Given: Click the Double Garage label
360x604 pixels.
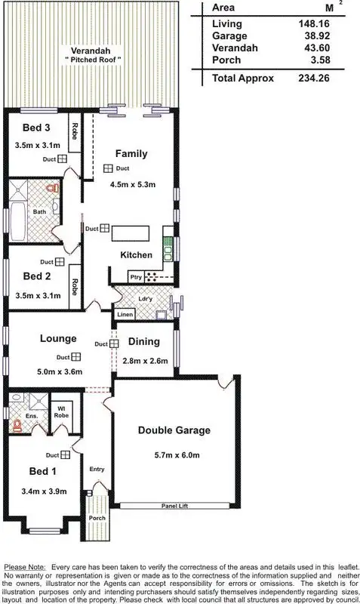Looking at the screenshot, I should (174, 430).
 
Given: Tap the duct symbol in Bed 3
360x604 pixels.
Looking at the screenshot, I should (63, 159).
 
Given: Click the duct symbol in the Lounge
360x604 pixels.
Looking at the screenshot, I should (76, 357).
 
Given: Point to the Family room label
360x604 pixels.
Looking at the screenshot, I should (131, 153).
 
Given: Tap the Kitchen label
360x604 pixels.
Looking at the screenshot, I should (137, 255).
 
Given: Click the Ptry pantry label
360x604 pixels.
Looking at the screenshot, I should (136, 277).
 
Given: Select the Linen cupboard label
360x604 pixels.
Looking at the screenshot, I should (125, 313).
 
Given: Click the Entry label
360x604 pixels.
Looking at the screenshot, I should (97, 469).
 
